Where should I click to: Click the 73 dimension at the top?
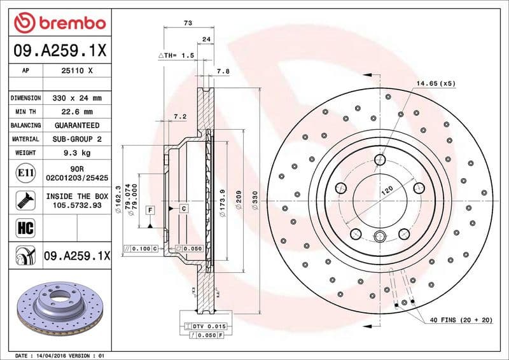point(188,23)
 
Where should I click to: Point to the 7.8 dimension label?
point(223,72)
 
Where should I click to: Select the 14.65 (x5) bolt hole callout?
point(436,83)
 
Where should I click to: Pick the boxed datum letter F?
point(150,209)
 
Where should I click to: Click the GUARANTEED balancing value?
point(76,126)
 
